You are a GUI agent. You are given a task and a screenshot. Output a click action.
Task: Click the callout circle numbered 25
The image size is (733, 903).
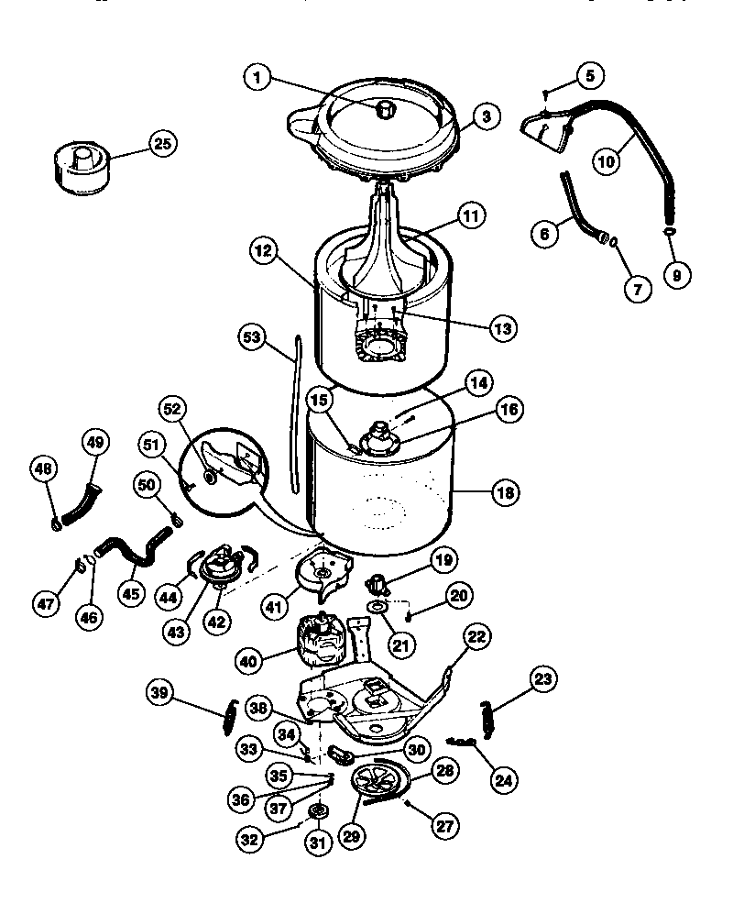(x=162, y=144)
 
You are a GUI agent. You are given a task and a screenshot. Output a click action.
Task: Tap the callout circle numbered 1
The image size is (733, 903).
(x=259, y=79)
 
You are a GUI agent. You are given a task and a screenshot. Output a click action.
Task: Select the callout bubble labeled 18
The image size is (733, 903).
(x=504, y=492)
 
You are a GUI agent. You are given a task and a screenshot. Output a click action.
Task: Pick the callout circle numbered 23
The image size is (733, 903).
(x=543, y=679)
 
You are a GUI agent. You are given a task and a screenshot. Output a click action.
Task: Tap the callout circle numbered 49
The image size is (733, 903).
(x=95, y=443)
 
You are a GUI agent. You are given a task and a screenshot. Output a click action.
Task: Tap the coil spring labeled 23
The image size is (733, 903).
(x=487, y=715)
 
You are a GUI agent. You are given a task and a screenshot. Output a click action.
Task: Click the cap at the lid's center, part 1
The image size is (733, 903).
(x=385, y=109)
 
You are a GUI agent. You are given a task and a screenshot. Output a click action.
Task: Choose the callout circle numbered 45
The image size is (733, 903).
(x=134, y=592)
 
